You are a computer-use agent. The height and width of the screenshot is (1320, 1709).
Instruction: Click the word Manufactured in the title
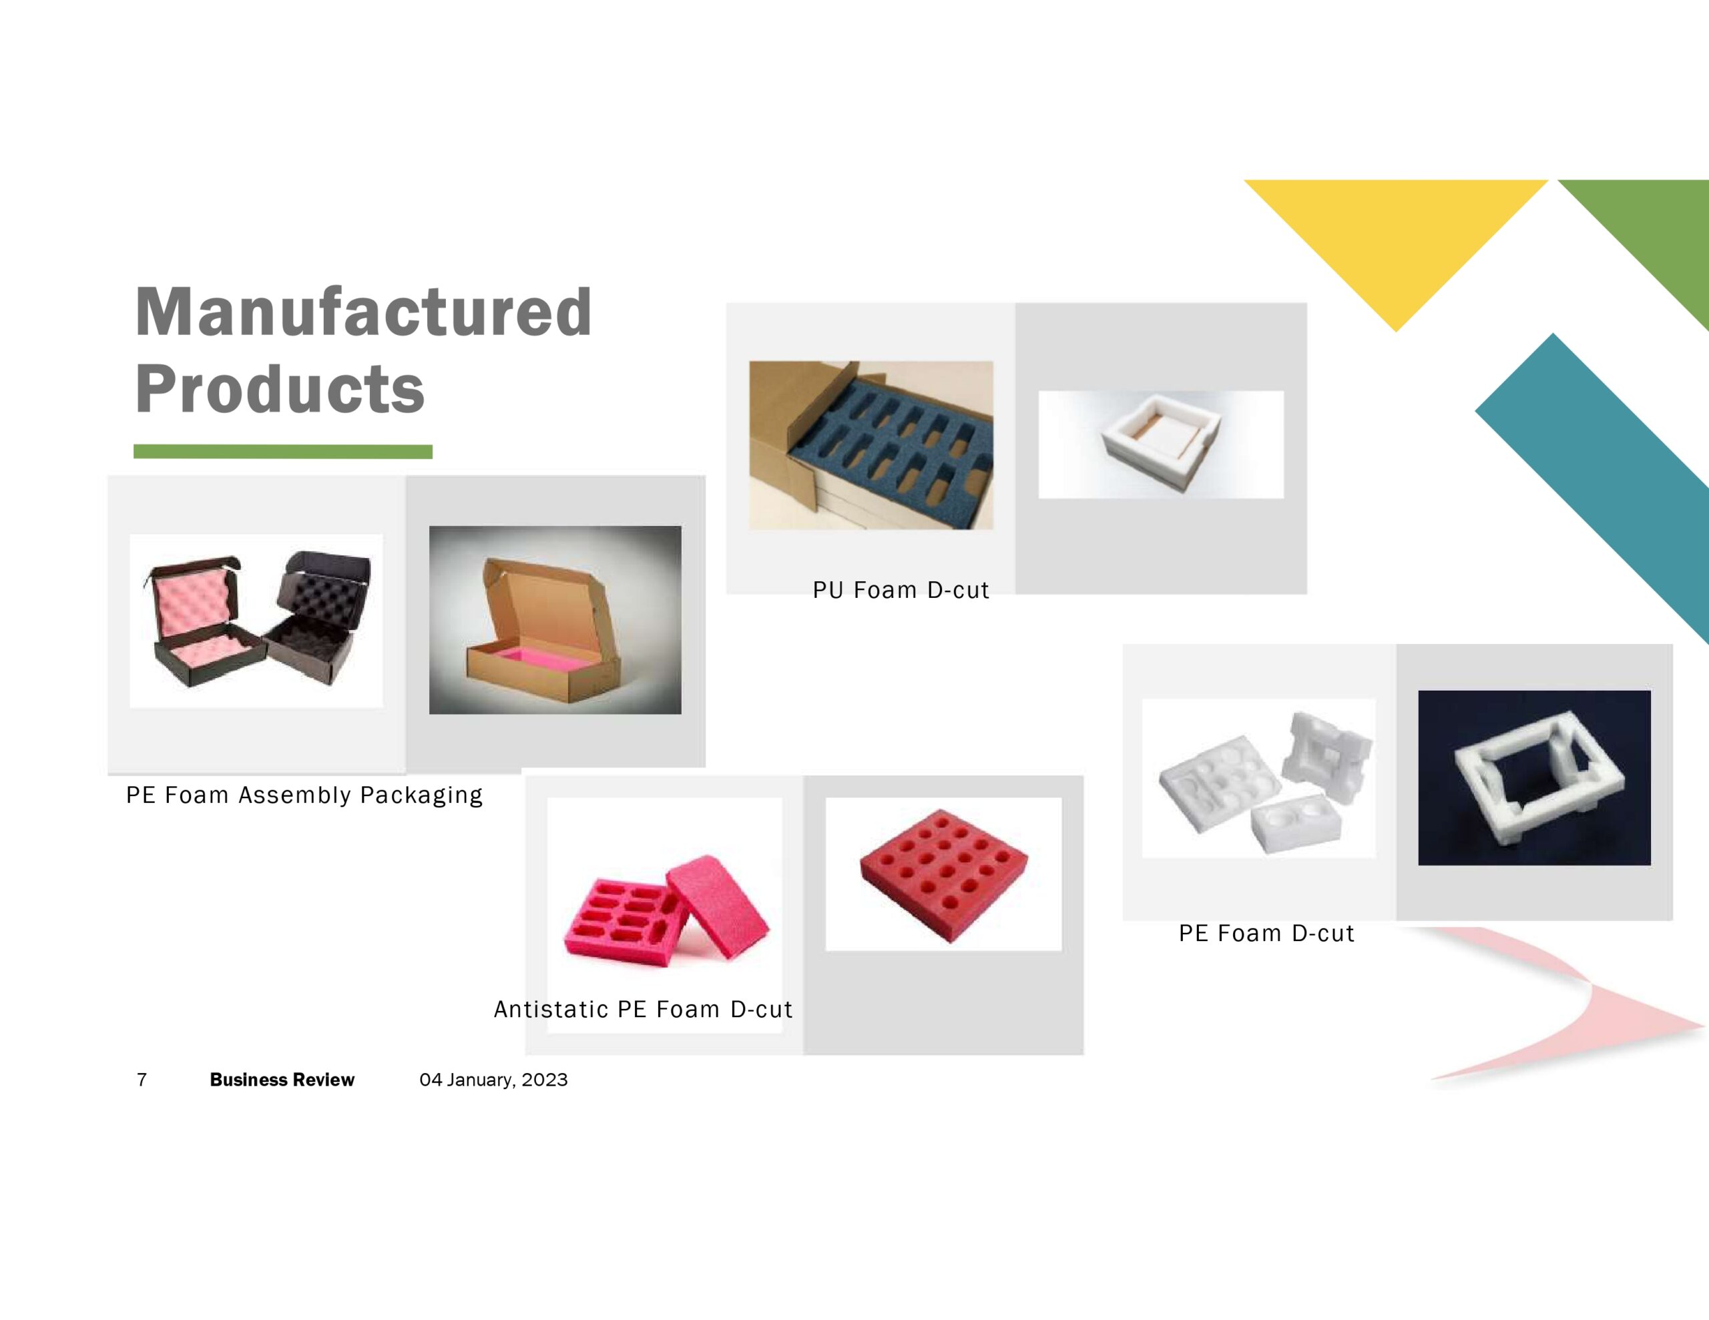363,312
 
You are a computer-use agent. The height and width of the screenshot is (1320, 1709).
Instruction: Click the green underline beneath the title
282,452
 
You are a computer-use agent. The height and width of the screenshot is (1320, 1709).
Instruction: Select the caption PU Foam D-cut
901,590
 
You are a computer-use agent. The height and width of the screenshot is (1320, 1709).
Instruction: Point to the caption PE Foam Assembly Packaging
304,795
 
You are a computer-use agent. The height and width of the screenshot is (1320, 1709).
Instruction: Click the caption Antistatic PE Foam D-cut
644,1010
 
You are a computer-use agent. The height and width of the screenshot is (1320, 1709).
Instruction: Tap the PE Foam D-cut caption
1266,934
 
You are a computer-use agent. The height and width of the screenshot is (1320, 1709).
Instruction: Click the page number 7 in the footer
142,1080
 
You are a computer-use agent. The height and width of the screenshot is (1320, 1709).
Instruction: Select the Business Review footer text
282,1080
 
